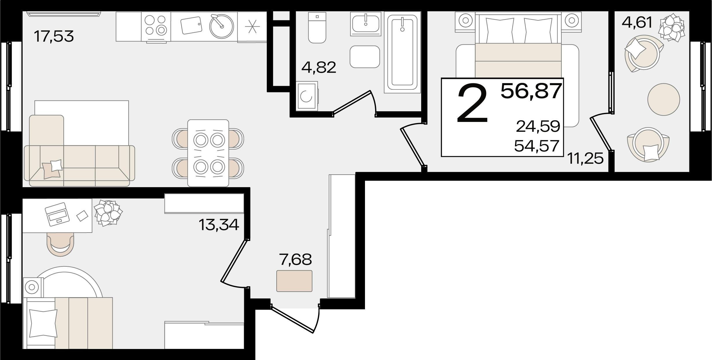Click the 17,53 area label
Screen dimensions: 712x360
coord(54,36)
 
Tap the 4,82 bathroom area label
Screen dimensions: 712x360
coord(319,67)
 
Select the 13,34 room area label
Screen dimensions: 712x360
coord(219,225)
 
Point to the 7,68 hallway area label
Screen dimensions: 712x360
coord(295,259)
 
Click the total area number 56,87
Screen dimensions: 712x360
coord(531,91)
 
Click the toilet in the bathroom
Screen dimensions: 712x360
coord(317,28)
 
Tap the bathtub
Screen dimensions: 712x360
coord(402,52)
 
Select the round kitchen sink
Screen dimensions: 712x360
coord(222,26)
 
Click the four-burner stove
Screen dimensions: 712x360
coord(156,26)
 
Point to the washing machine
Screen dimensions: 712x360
coord(307,96)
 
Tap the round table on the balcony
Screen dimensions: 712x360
coord(664,99)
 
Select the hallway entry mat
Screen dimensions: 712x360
coord(294,281)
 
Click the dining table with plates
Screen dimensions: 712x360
coord(208,153)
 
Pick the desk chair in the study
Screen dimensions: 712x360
coord(61,244)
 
